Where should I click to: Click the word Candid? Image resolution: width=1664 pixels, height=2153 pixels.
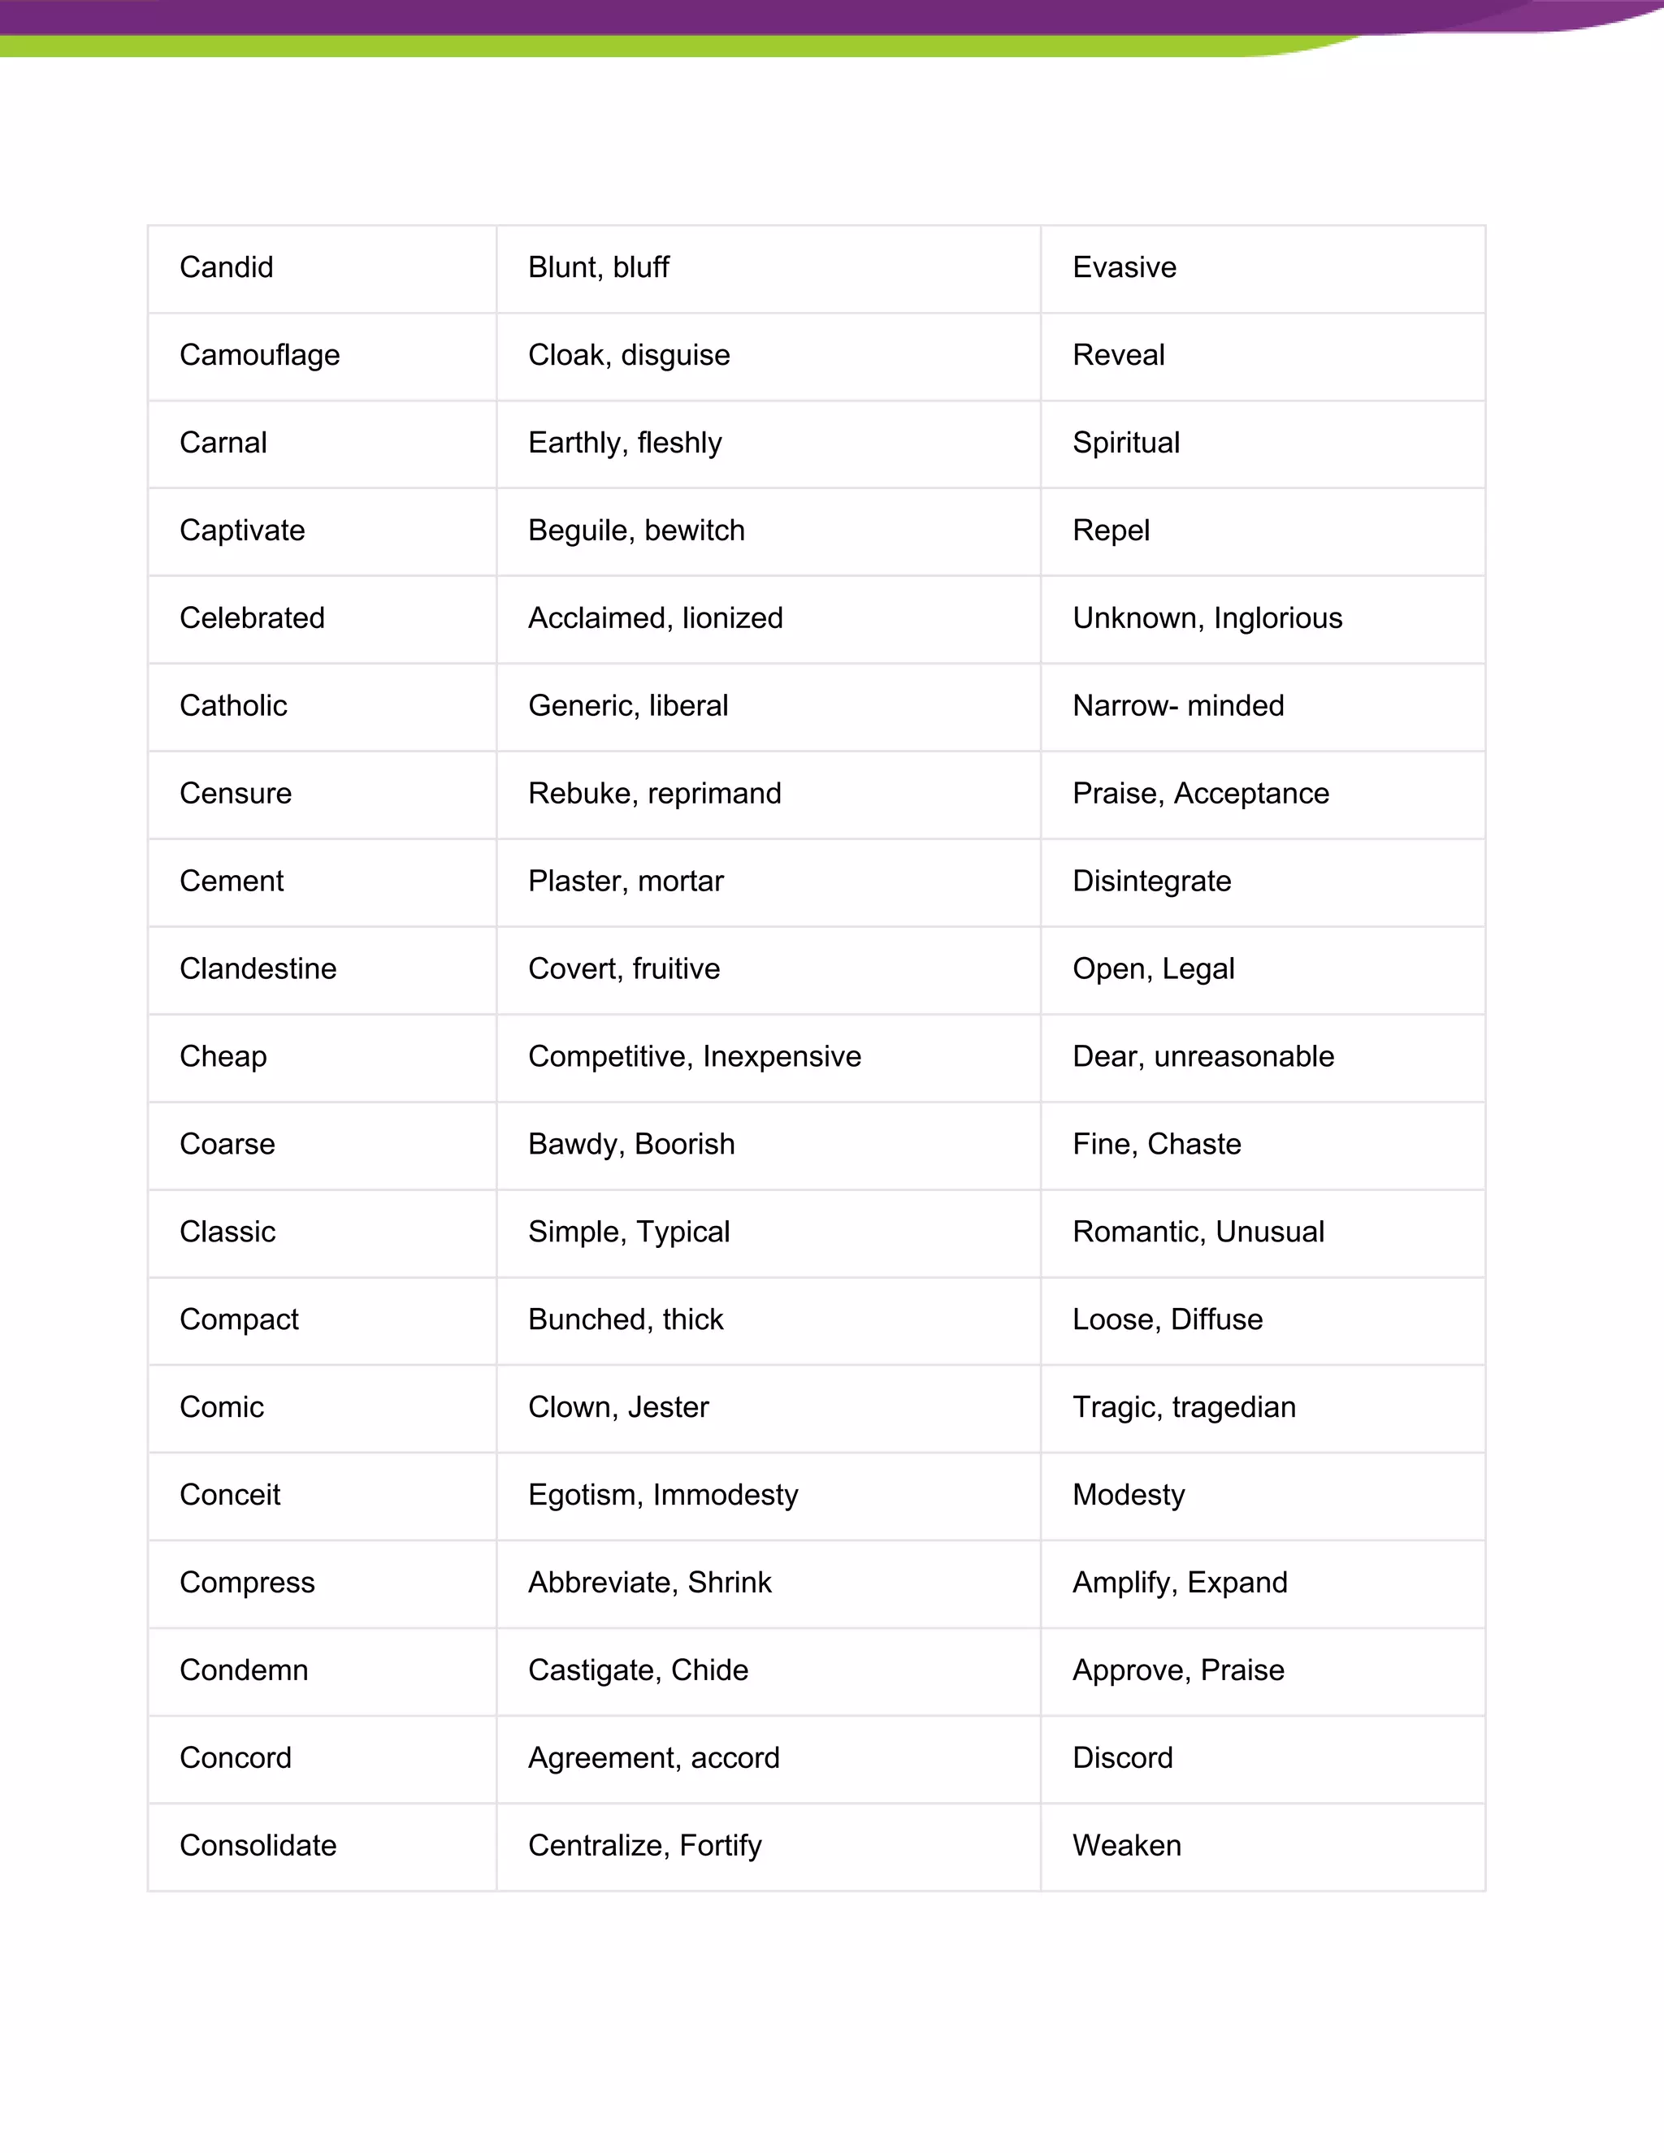pyautogui.click(x=226, y=267)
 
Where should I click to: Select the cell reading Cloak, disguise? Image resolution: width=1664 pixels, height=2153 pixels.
pyautogui.click(x=629, y=355)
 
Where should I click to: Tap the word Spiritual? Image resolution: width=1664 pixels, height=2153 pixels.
pyautogui.click(x=1126, y=443)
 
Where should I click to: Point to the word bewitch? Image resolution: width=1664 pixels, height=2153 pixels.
pyautogui.click(x=694, y=531)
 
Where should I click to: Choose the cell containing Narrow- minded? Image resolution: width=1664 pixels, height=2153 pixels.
pyautogui.click(x=1178, y=706)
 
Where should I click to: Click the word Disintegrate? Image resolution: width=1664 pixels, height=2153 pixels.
pyautogui.click(x=1151, y=882)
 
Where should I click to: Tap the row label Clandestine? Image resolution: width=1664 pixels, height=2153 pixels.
pyautogui.click(x=258, y=969)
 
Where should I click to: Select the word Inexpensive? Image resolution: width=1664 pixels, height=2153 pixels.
pyautogui.click(x=782, y=1057)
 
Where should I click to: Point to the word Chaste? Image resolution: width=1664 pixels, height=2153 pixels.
pyautogui.click(x=1194, y=1145)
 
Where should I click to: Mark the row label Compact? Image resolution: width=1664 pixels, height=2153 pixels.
pyautogui.click(x=239, y=1320)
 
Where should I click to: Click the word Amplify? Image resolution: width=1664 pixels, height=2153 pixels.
pyautogui.click(x=1124, y=1583)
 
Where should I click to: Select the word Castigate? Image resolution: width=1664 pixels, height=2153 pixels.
pyautogui.click(x=595, y=1671)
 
